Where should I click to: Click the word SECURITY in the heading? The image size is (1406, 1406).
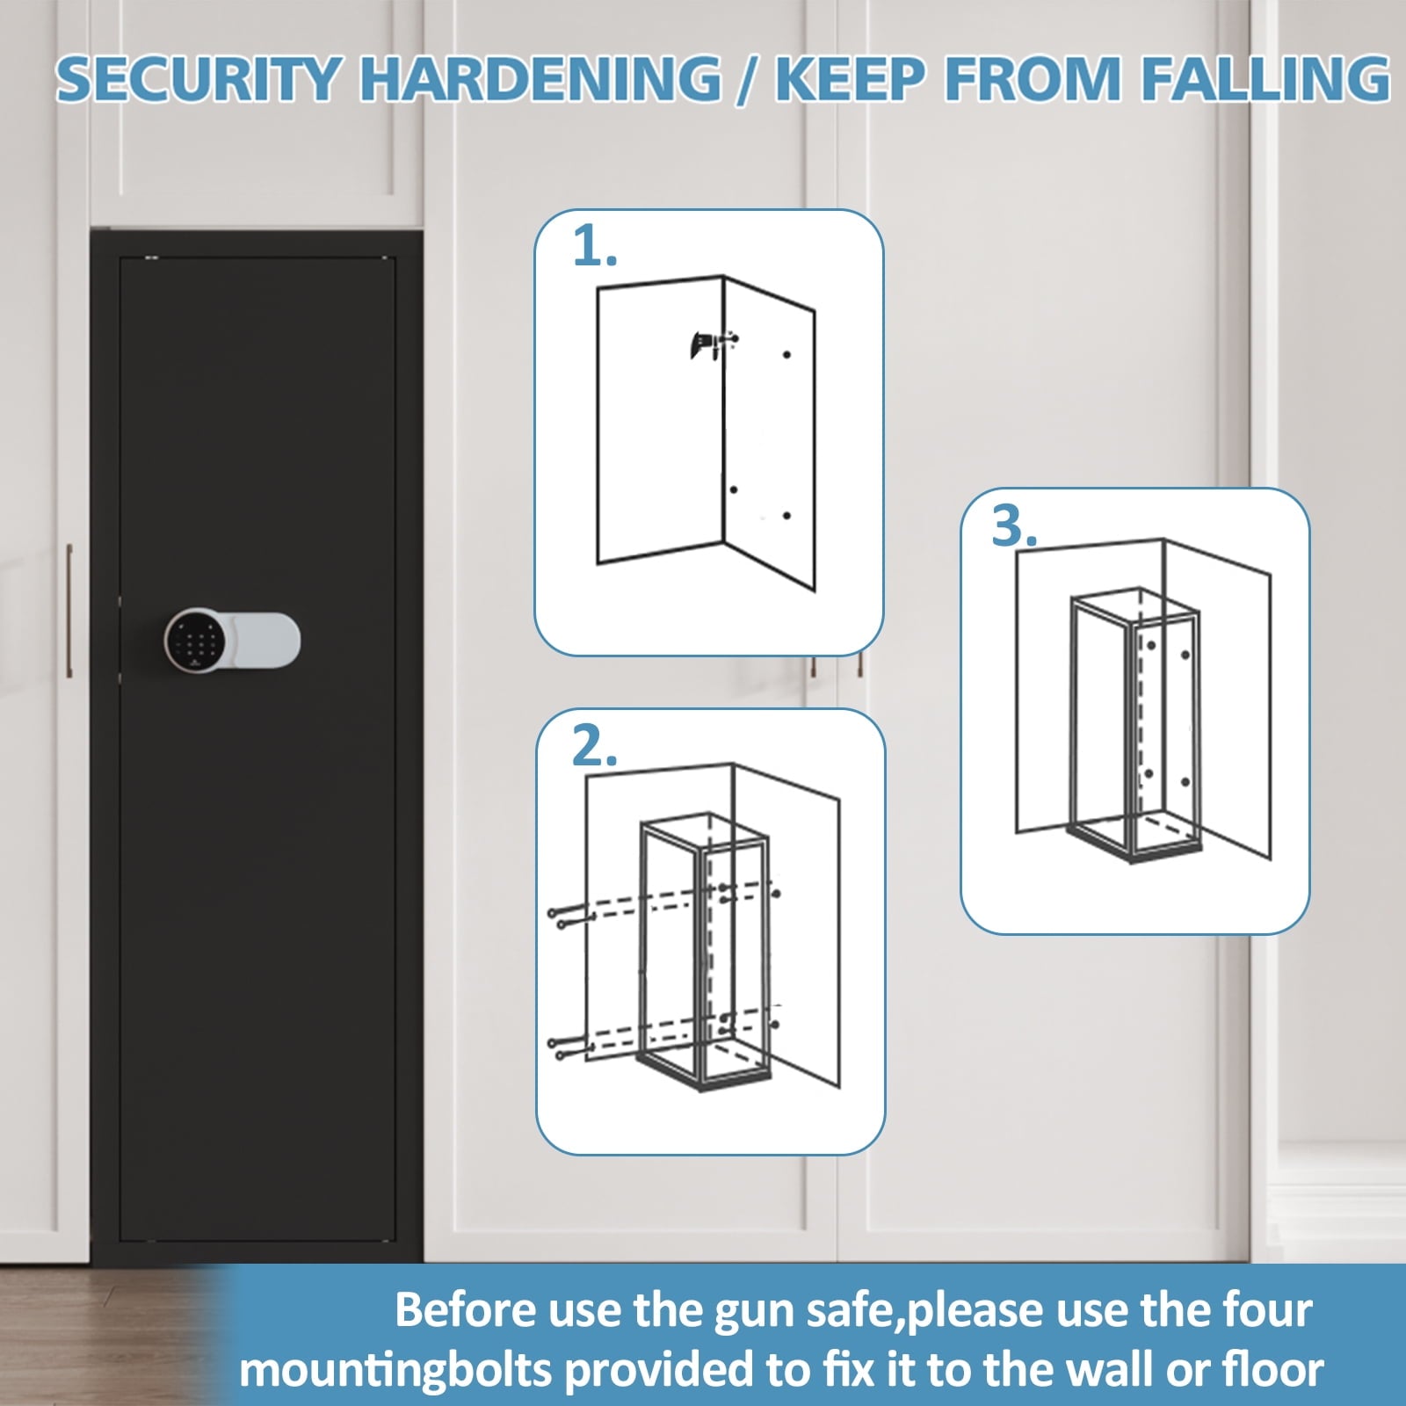pyautogui.click(x=196, y=78)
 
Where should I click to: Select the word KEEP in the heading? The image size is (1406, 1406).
pyautogui.click(x=849, y=78)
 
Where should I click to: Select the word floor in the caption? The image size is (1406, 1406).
pyautogui.click(x=1273, y=1369)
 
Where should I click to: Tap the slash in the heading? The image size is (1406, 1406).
pyautogui.click(x=748, y=80)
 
